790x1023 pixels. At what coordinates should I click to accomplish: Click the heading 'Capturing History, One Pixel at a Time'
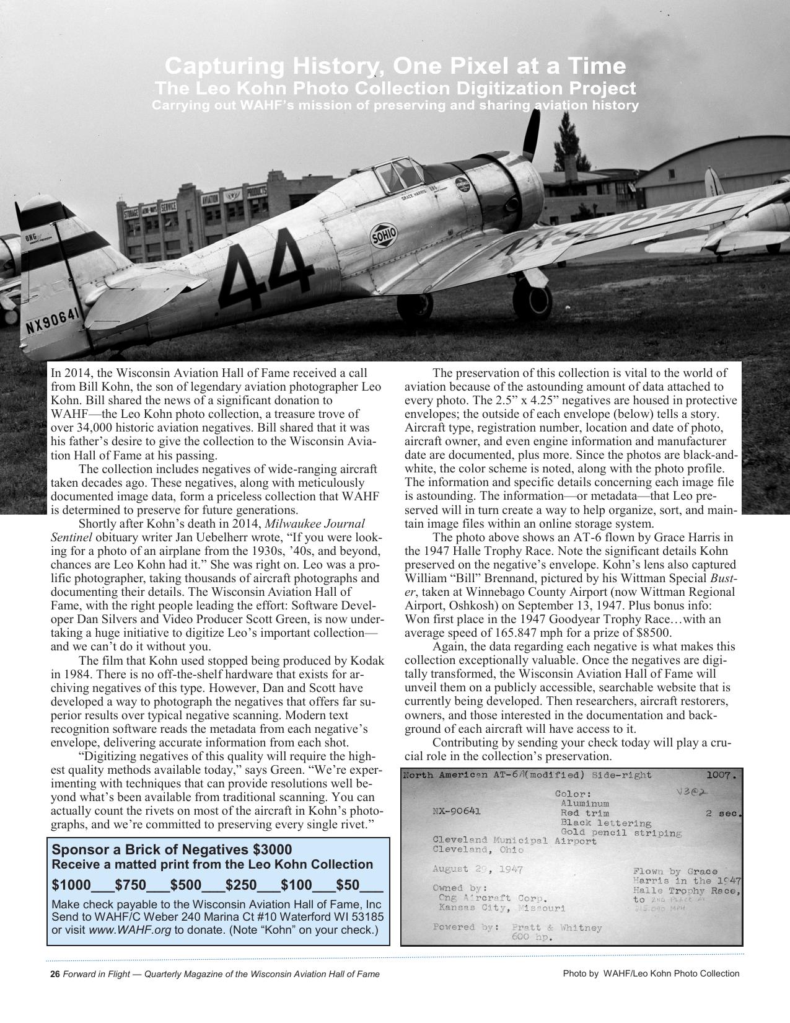point(395,66)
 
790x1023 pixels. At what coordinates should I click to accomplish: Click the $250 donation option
point(242,884)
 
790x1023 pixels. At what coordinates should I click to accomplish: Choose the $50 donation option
point(348,884)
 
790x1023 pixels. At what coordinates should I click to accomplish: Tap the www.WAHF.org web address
point(129,929)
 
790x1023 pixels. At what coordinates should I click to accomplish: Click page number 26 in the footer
point(55,974)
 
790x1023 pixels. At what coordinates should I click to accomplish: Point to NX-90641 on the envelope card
point(456,811)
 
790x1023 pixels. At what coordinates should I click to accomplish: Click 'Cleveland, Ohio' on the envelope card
point(478,850)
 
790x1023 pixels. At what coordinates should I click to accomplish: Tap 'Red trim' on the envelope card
point(584,813)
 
